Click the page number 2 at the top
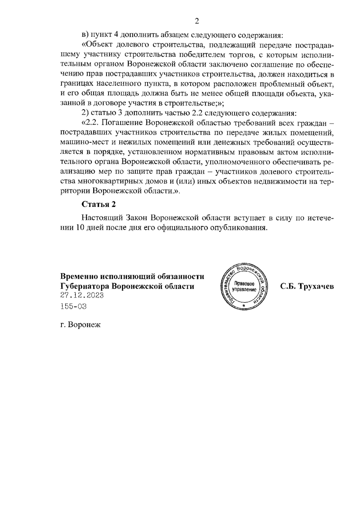click(197, 21)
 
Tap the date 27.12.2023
click(82, 295)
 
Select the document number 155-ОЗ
click(73, 307)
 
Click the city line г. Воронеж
click(80, 325)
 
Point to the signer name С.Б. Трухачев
click(307, 286)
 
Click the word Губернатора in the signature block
click(85, 286)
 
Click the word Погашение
click(123, 123)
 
